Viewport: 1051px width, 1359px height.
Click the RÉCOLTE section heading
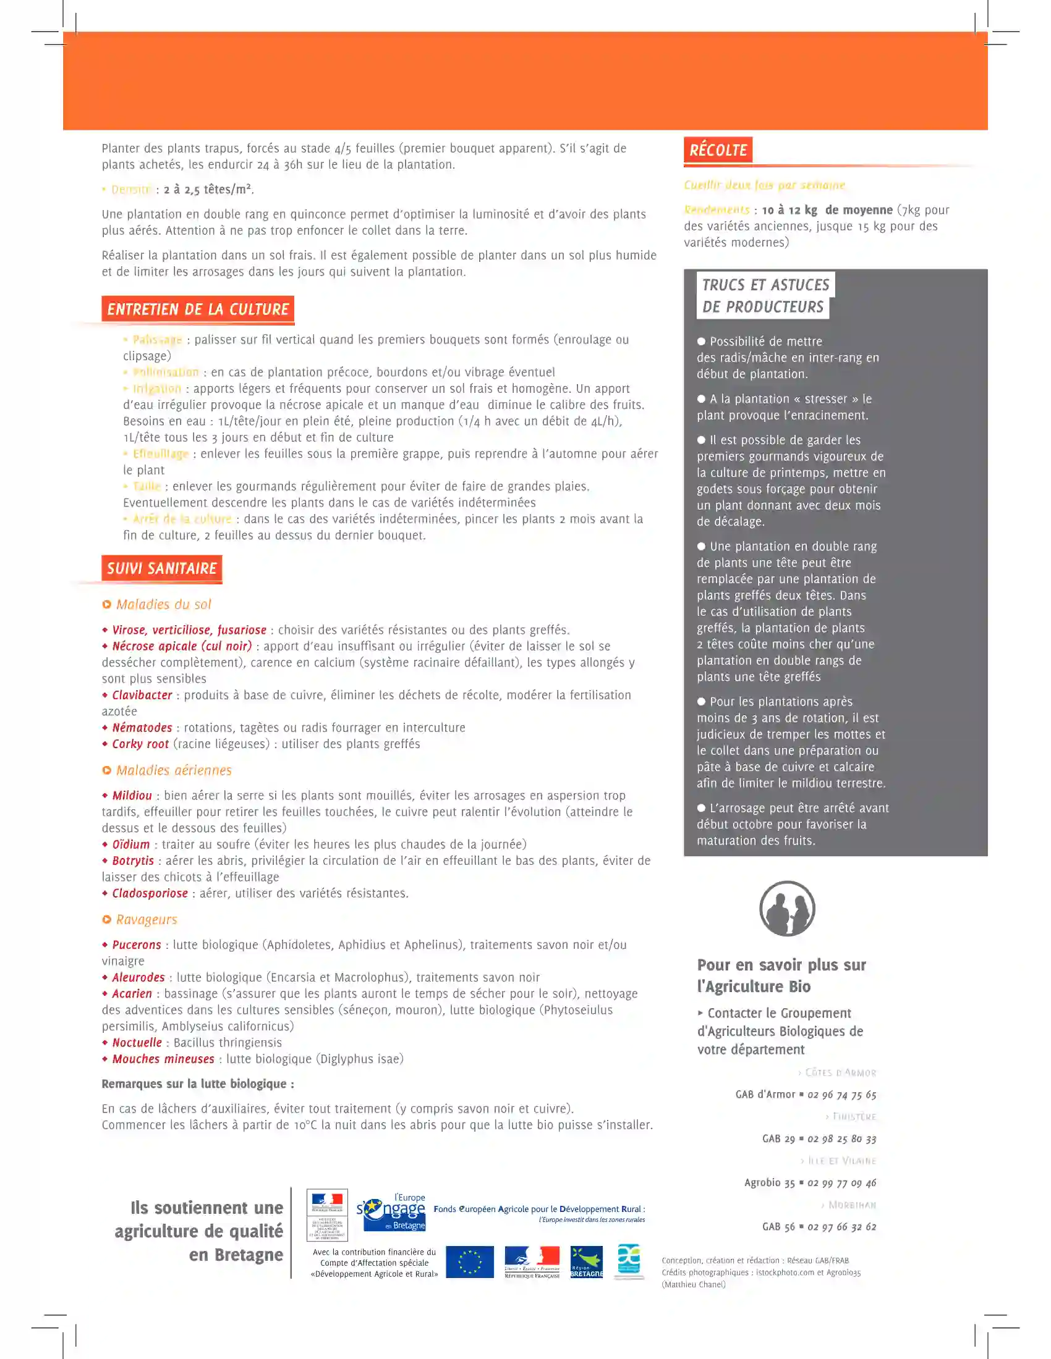(718, 150)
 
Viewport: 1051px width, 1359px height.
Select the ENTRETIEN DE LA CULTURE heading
(197, 309)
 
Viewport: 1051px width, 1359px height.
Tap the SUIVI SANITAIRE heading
(162, 568)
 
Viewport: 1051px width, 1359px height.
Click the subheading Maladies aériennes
(173, 770)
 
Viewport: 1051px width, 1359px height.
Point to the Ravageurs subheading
(147, 920)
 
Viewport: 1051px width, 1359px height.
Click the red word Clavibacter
(142, 695)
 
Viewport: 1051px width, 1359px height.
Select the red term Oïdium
(130, 844)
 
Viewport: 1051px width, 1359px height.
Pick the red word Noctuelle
(137, 1042)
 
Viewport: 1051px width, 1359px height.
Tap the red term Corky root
(140, 744)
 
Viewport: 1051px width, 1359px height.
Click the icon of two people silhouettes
(787, 909)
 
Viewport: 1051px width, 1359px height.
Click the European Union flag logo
(469, 1262)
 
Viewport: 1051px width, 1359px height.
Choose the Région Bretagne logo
(587, 1262)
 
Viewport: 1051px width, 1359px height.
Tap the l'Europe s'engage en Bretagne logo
(391, 1213)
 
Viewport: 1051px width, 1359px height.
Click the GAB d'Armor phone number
(842, 1095)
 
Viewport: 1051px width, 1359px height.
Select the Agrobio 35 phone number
(842, 1183)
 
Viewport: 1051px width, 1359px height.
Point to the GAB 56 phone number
(842, 1227)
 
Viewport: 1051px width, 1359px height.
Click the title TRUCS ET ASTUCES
(765, 285)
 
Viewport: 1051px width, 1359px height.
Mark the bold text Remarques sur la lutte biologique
(198, 1084)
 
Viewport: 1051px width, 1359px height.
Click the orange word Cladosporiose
(150, 893)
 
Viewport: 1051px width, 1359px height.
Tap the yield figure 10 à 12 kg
(789, 210)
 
